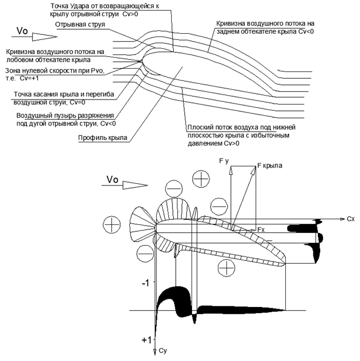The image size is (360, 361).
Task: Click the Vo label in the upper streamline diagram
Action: click(22, 31)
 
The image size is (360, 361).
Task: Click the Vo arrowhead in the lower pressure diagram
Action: click(135, 185)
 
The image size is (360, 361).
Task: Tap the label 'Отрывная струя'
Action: click(80, 24)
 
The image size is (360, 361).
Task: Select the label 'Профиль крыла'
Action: click(103, 138)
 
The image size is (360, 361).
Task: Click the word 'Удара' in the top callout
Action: click(80, 6)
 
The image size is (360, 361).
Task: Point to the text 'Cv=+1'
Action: click(29, 78)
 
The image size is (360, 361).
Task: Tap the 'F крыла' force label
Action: click(270, 165)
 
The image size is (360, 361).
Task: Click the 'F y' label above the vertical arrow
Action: click(224, 161)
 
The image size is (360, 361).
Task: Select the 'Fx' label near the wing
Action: click(261, 229)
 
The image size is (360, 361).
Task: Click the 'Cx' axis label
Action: click(350, 219)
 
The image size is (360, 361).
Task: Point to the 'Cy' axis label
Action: click(163, 351)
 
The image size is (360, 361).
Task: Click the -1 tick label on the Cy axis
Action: click(145, 283)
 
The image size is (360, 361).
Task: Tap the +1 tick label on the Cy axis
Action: click(147, 340)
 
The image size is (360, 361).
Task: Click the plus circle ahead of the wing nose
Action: click(112, 224)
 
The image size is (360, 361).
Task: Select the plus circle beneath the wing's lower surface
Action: click(226, 268)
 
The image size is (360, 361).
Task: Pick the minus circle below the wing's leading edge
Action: click(145, 254)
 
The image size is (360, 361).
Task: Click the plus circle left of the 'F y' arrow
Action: click(201, 179)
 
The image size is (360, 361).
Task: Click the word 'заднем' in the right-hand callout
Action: click(228, 31)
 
